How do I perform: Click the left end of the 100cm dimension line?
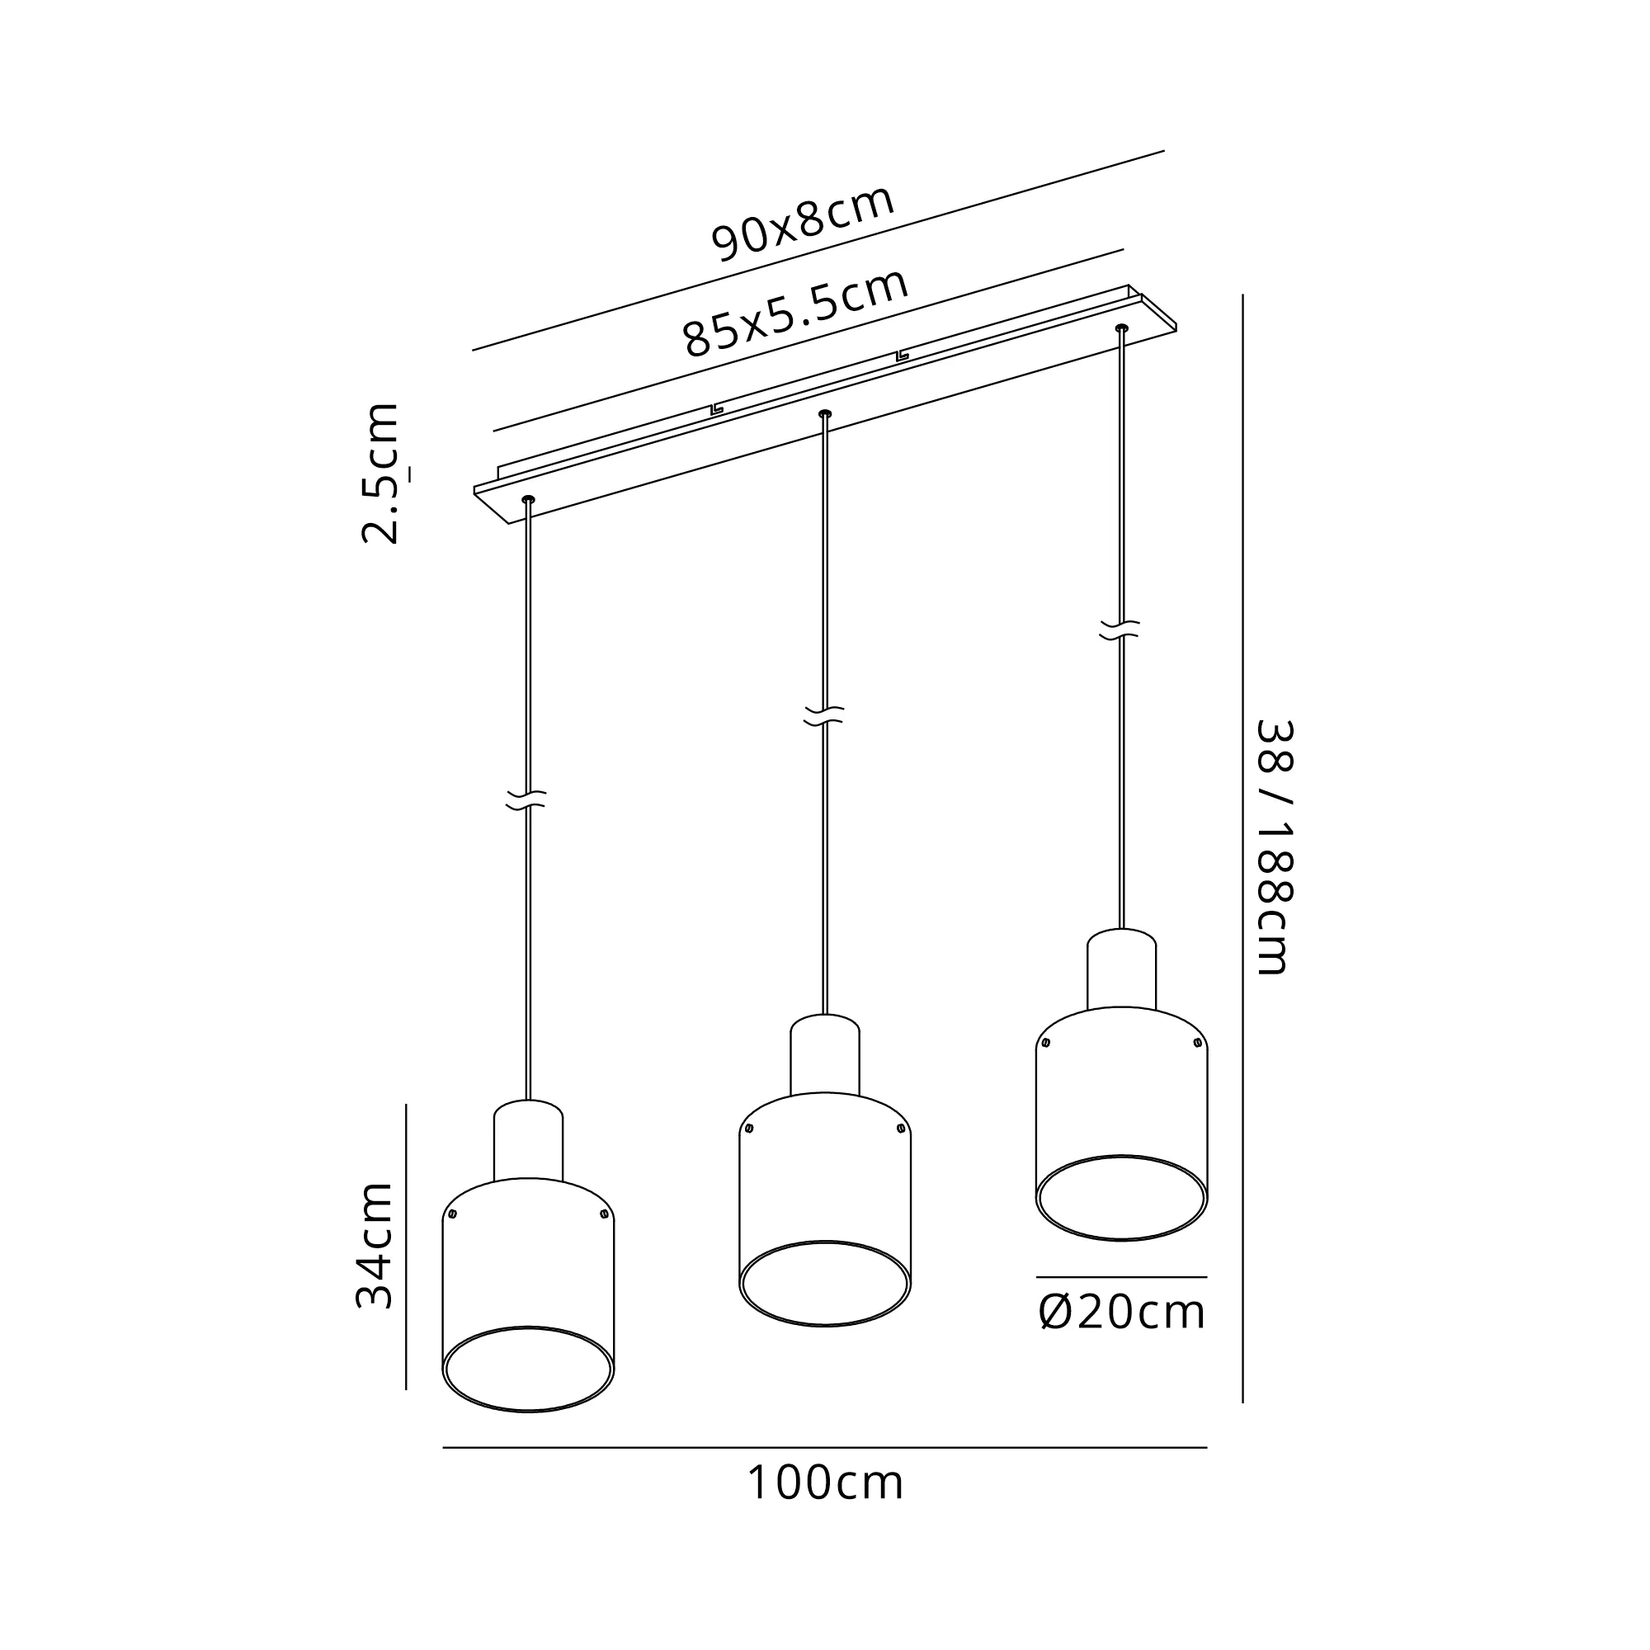pyautogui.click(x=443, y=1448)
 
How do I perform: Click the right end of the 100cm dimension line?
pyautogui.click(x=1207, y=1448)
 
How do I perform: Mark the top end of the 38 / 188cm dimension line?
pyautogui.click(x=1242, y=295)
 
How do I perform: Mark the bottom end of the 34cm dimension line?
pyautogui.click(x=406, y=1389)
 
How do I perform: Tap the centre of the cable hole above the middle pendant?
pyautogui.click(x=824, y=413)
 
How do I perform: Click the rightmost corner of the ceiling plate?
pyautogui.click(x=1177, y=329)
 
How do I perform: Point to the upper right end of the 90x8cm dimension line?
pyautogui.click(x=1164, y=151)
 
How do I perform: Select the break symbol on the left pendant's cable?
pyautogui.click(x=527, y=800)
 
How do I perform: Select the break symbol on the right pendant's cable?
pyautogui.click(x=1120, y=630)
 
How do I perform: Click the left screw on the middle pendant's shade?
pyautogui.click(x=749, y=1128)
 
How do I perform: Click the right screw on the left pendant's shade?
pyautogui.click(x=604, y=1214)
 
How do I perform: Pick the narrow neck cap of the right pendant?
pyautogui.click(x=1121, y=969)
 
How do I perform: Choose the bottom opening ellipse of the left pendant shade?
pyautogui.click(x=529, y=1368)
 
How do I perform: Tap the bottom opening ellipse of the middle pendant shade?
pyautogui.click(x=825, y=1283)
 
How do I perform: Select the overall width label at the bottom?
pyautogui.click(x=825, y=1483)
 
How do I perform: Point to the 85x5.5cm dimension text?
pyautogui.click(x=796, y=313)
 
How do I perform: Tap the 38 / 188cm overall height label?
pyautogui.click(x=1275, y=847)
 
